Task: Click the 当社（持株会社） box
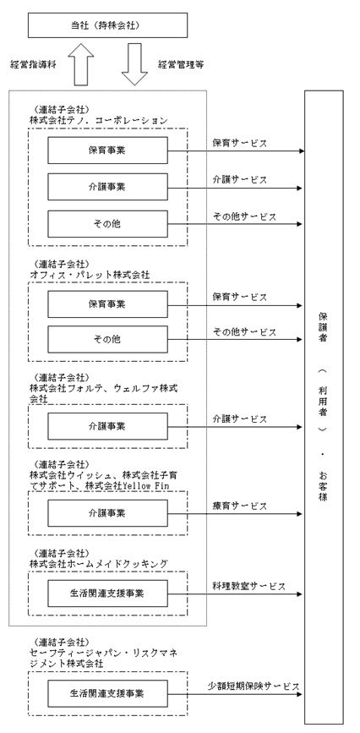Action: pos(107,25)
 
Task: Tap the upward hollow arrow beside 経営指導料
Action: pos(81,64)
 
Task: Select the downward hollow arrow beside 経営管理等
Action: pos(134,64)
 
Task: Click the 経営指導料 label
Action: pos(33,65)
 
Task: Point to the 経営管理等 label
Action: pos(181,65)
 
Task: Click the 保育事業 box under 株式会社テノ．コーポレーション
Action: pos(107,150)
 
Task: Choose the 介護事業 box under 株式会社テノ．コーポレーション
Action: pos(107,187)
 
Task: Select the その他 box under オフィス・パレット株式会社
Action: pos(107,339)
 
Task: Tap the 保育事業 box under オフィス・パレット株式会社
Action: pos(107,304)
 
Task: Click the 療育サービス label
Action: pos(240,506)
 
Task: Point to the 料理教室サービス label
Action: pos(248,587)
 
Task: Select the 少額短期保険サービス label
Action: pos(254,687)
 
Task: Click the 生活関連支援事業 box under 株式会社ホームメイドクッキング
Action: pos(107,594)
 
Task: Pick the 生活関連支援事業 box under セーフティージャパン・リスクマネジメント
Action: pos(107,694)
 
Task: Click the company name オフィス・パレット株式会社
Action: pos(90,276)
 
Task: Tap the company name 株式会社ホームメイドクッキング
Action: pos(98,565)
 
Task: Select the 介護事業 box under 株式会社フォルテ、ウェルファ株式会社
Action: pos(107,426)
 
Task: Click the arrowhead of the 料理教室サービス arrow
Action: pos(300,594)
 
